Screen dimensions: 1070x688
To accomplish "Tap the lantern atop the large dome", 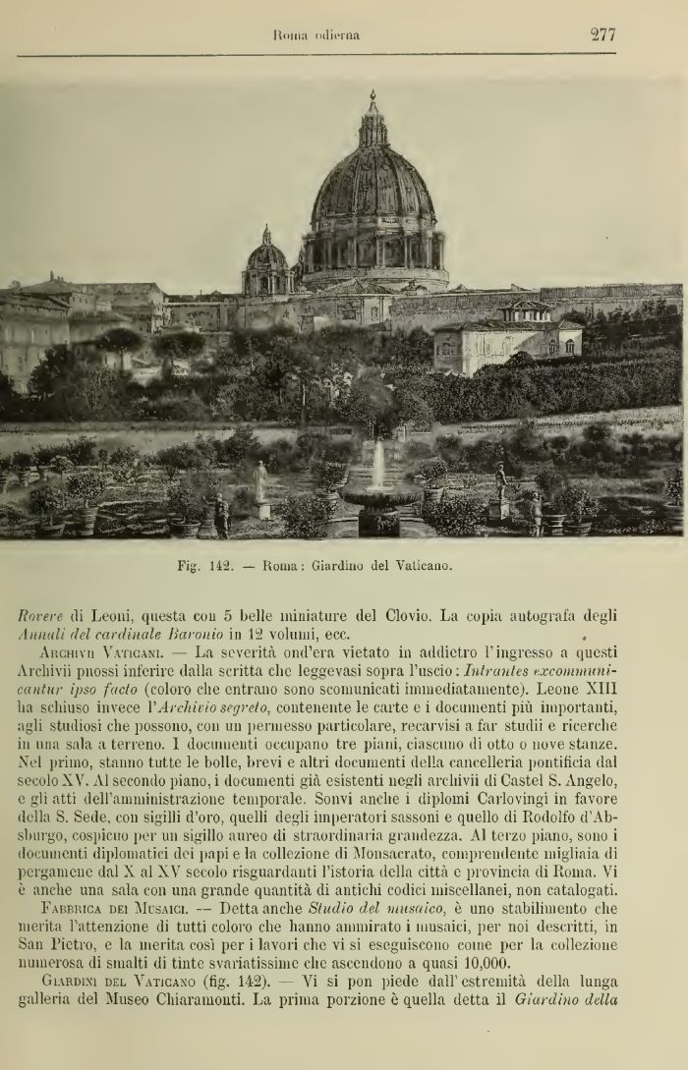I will [x=373, y=123].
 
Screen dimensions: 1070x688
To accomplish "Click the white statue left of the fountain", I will [x=260, y=482].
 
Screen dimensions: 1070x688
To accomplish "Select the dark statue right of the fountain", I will [x=501, y=481].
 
